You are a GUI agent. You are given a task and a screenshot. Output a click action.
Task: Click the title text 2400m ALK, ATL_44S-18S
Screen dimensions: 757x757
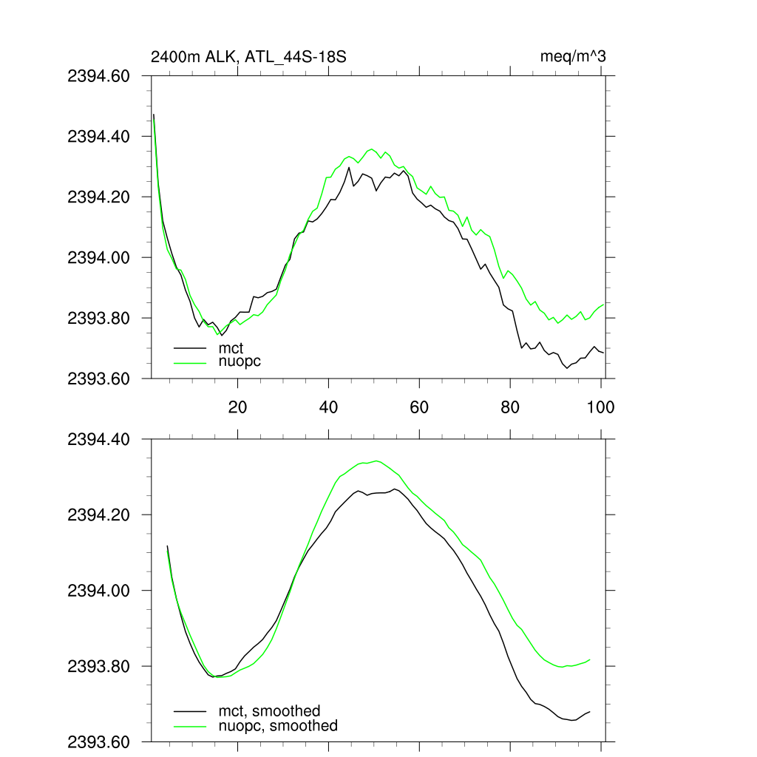coord(248,56)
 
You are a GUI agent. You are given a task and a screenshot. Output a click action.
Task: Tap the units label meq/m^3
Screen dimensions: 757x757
coord(574,56)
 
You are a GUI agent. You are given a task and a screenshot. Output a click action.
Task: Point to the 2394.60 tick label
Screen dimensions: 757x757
coord(98,76)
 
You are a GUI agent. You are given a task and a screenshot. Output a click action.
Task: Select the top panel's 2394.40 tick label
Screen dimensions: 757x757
coord(98,137)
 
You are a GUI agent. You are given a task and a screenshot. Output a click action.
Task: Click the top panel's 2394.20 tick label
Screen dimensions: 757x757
coord(98,197)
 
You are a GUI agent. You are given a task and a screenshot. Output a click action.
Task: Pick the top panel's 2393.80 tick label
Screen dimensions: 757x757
coord(98,318)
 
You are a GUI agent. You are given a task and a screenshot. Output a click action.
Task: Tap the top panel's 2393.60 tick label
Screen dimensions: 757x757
coord(98,378)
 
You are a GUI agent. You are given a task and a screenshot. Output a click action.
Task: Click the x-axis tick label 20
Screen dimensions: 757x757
coord(237,407)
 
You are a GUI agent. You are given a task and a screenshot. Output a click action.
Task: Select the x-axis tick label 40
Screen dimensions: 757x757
coord(328,407)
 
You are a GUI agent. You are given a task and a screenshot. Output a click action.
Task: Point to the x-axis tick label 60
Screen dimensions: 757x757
coord(419,407)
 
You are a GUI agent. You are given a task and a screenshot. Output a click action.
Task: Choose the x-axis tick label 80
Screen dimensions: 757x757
coord(510,407)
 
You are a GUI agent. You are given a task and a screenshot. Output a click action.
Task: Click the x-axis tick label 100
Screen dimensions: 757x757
coord(600,407)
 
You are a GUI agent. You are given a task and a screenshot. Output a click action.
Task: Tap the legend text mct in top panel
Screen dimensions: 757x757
coord(231,347)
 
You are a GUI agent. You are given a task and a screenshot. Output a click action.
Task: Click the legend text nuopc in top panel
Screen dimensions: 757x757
coord(240,361)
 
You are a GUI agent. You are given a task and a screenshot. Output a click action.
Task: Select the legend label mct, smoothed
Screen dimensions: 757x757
coord(269,711)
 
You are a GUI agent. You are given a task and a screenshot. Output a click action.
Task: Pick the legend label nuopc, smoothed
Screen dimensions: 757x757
coord(278,726)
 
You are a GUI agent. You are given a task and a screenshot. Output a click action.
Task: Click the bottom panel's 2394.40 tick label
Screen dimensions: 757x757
coord(98,439)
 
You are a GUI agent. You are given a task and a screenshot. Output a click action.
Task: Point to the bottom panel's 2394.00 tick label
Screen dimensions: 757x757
coord(98,591)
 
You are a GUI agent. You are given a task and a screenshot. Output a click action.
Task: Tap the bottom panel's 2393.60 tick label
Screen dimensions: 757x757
coord(98,741)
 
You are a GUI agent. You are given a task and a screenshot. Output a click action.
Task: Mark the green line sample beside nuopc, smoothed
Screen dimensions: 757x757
coord(189,726)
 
